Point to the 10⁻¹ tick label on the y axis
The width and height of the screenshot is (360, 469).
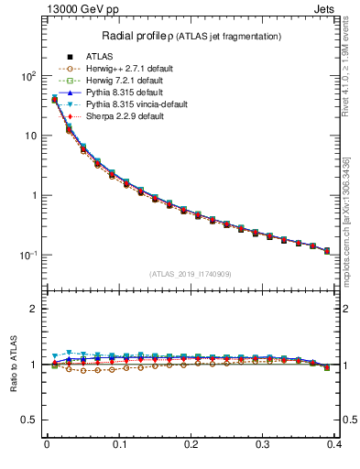click(x=26, y=255)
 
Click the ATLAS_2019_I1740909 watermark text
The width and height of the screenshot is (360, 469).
click(x=191, y=274)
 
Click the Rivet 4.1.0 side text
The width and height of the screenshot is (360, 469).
click(x=352, y=64)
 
